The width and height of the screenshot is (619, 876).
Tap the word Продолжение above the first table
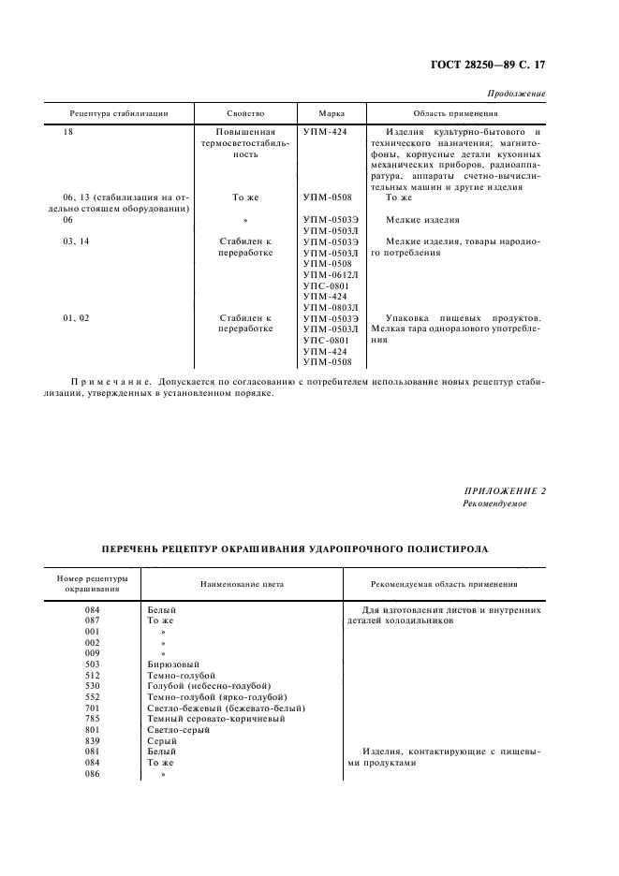click(x=517, y=95)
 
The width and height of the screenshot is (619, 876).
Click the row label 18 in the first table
click(x=67, y=132)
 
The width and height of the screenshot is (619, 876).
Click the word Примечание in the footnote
click(x=110, y=382)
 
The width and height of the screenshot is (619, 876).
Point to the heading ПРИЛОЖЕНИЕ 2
click(x=506, y=491)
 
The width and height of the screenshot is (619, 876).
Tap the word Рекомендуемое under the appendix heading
click(x=495, y=504)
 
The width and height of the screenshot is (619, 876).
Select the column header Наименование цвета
click(x=241, y=584)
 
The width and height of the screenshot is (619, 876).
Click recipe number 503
click(x=93, y=664)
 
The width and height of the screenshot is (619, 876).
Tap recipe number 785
click(x=93, y=719)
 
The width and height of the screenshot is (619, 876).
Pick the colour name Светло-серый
click(x=179, y=730)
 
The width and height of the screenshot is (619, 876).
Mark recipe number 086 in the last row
click(x=93, y=774)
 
